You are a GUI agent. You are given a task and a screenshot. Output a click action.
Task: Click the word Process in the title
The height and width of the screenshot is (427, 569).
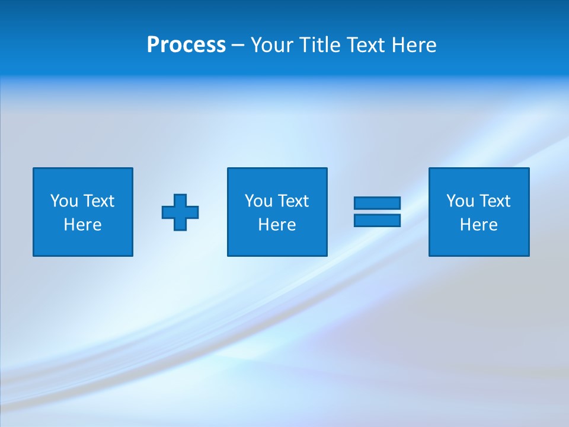[x=186, y=45]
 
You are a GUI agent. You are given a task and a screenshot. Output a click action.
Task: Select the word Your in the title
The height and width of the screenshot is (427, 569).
[x=270, y=45]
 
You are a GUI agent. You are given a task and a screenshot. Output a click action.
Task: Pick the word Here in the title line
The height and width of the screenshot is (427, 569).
[x=414, y=45]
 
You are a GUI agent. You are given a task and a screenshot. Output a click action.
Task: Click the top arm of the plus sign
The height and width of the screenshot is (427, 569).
[x=180, y=200]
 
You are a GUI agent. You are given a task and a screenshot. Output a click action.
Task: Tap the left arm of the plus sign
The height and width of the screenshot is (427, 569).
[x=168, y=212]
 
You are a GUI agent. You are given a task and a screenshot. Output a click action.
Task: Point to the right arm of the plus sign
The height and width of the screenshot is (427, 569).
[x=193, y=212]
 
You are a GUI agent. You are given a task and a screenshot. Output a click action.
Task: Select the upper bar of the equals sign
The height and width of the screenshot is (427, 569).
[x=377, y=203]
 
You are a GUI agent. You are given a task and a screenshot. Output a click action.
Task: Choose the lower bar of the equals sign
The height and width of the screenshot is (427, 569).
[x=377, y=221]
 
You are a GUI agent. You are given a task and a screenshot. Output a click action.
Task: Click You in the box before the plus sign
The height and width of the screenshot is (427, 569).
[x=64, y=201]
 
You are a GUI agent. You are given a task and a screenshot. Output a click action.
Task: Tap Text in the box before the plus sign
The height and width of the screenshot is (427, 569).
[x=98, y=201]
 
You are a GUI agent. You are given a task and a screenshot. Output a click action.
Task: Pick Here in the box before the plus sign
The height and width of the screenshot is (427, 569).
[x=82, y=225]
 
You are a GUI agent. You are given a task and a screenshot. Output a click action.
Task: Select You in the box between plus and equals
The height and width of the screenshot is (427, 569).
[x=258, y=201]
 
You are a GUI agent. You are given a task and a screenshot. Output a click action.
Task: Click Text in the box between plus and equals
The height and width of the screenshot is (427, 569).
[x=292, y=201]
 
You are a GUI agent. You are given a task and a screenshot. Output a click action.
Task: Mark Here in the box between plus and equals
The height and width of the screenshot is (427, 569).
[x=277, y=225]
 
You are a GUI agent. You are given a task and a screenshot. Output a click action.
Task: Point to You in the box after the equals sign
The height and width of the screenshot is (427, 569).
[x=460, y=201]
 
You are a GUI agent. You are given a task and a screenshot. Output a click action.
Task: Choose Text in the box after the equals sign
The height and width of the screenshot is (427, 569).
[x=494, y=201]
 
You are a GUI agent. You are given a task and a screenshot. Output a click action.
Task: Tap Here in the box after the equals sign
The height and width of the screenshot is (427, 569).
[x=478, y=225]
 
